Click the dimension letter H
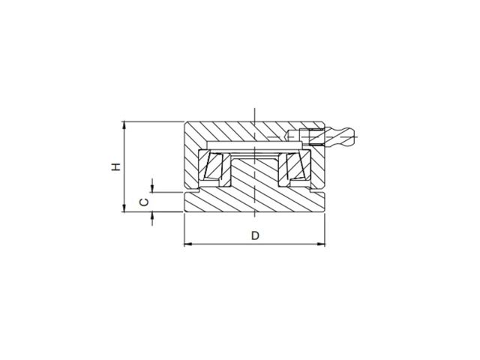pos(116,166)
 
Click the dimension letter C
pos(144,202)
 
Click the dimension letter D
pos(255,235)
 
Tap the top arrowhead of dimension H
pos(124,125)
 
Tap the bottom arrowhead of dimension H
pos(124,208)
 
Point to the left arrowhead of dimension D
pos(187,244)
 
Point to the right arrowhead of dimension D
pos(321,244)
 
